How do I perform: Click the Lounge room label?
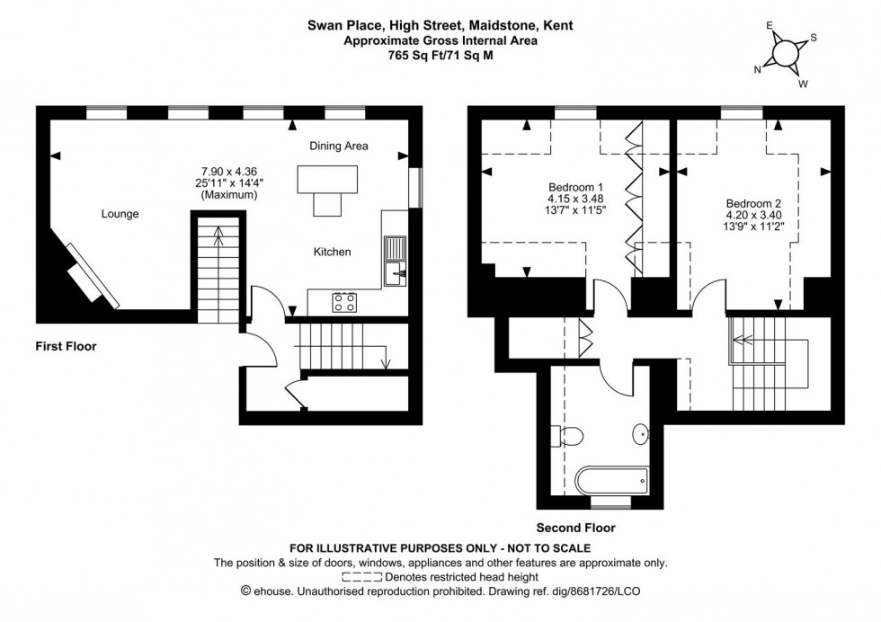tap(120, 214)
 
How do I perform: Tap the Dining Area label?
tap(339, 146)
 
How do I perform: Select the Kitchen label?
tap(332, 253)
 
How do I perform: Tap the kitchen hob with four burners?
tap(343, 302)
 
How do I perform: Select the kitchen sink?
tap(394, 261)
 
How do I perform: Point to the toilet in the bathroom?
tap(572, 437)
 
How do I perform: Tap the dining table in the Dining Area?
tap(329, 183)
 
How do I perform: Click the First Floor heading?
tap(66, 346)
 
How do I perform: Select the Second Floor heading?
tap(576, 529)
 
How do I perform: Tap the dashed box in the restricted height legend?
tap(362, 577)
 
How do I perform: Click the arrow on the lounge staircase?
tap(218, 237)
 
